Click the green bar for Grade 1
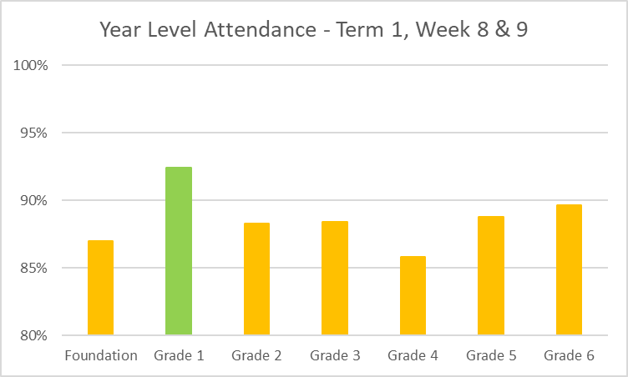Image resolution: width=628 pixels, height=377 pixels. [x=179, y=251]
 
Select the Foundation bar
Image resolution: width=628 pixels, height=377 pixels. [x=100, y=288]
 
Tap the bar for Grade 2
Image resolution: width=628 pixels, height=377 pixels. [x=256, y=279]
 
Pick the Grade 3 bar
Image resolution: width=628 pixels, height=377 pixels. [x=335, y=279]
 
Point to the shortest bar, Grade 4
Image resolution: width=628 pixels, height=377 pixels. [x=413, y=296]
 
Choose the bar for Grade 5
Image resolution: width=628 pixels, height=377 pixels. [x=491, y=276]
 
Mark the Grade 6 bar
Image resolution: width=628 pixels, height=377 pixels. [x=569, y=270]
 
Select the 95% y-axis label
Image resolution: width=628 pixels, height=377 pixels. [x=34, y=133]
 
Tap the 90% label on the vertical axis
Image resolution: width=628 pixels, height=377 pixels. [x=34, y=200]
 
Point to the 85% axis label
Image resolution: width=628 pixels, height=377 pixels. [x=34, y=268]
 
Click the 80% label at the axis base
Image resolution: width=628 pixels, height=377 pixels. [x=34, y=335]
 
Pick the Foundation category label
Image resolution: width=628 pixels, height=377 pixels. [x=100, y=356]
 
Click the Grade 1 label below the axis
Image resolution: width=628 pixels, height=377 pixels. [x=179, y=356]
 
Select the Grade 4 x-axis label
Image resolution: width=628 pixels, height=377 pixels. [x=413, y=356]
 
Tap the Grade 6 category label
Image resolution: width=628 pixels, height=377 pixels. [x=569, y=356]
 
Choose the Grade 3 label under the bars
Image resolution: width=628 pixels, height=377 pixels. [x=335, y=356]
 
